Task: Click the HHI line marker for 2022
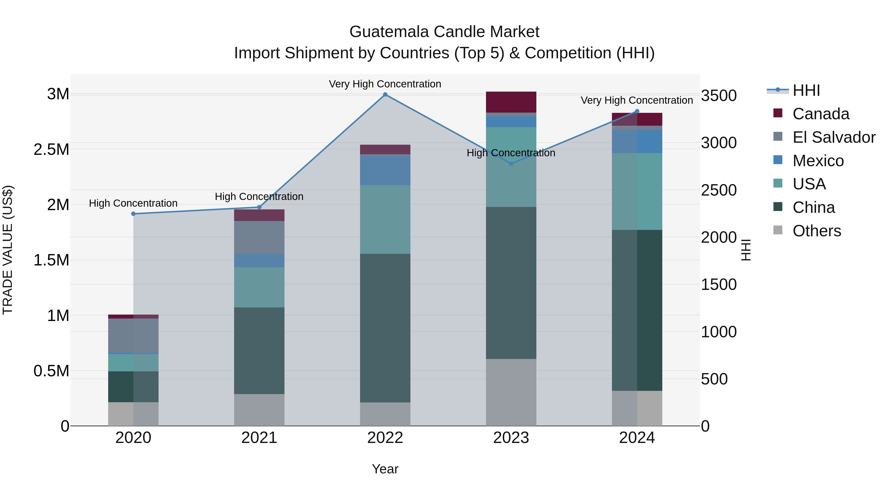click(385, 95)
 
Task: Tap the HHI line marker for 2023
click(511, 163)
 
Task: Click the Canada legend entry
click(821, 114)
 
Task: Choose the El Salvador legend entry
click(834, 137)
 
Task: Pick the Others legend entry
click(817, 231)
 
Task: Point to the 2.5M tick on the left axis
click(51, 149)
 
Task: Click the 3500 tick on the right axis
click(719, 96)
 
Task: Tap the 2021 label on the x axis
click(259, 438)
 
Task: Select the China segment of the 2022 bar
click(385, 328)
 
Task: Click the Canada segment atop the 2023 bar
click(511, 102)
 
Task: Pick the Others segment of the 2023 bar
click(511, 392)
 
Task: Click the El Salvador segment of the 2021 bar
click(259, 237)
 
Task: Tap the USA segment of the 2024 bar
click(637, 192)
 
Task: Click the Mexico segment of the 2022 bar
click(385, 170)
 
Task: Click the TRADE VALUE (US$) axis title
click(8, 250)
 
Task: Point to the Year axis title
click(385, 469)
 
